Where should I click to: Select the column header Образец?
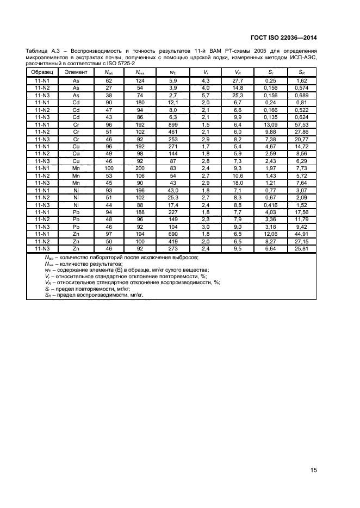tap(42, 72)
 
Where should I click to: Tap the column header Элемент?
tap(76, 72)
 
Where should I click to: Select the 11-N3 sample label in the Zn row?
tap(42, 248)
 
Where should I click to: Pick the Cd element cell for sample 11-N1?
tap(76, 102)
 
